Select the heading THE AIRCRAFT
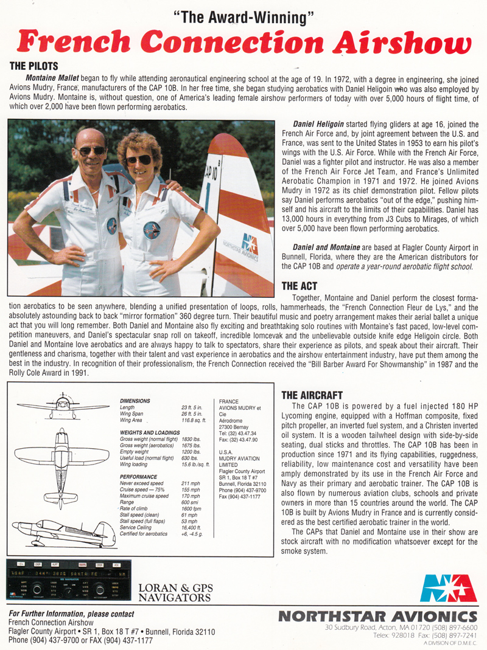312,395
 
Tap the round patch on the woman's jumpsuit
152,230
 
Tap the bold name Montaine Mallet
53,78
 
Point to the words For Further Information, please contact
72,614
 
